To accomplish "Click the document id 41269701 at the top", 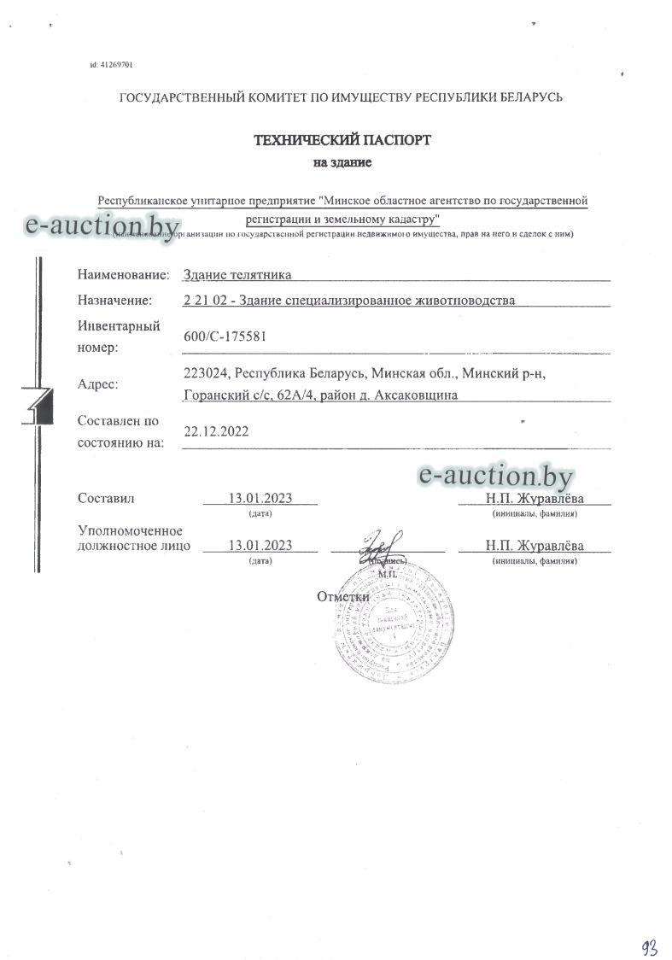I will tap(110, 65).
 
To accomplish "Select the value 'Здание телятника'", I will tap(237, 275).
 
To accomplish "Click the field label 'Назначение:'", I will tap(114, 300).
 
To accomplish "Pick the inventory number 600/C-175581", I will tap(225, 337).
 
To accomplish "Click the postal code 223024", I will tap(206, 373).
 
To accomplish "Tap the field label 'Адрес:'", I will tap(98, 384).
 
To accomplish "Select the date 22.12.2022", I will tap(216, 431).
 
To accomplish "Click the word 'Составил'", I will tap(106, 498).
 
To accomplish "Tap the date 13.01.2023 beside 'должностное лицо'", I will tap(260, 546).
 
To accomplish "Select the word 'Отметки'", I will tap(342, 596).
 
